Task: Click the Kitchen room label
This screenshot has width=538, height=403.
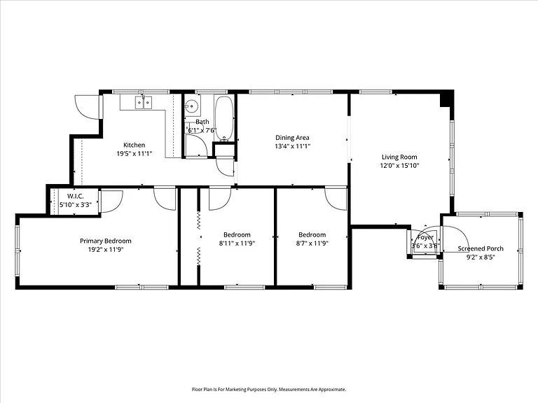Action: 134,145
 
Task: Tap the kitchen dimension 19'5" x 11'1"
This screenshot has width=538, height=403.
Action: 134,153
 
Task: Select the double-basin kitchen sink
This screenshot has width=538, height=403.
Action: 144,102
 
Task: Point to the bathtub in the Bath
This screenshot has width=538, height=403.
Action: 224,118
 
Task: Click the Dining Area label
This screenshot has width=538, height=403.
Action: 292,138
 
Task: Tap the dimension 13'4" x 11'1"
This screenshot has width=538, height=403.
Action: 292,146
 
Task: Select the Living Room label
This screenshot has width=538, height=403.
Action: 399,157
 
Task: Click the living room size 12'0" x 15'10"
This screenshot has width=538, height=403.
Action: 399,166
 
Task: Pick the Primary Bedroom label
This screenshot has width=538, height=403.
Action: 106,241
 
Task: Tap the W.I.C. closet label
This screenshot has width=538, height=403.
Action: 75,197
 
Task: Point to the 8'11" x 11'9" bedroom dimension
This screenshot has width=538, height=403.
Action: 237,243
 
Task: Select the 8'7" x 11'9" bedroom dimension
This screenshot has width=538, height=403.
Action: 312,243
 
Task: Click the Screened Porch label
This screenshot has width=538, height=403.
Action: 481,248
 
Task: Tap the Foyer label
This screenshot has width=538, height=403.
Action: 425,237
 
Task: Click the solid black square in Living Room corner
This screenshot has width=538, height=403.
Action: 447,98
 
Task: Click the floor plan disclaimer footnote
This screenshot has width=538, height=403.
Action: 269,390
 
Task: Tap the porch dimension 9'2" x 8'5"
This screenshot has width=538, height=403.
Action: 481,257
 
